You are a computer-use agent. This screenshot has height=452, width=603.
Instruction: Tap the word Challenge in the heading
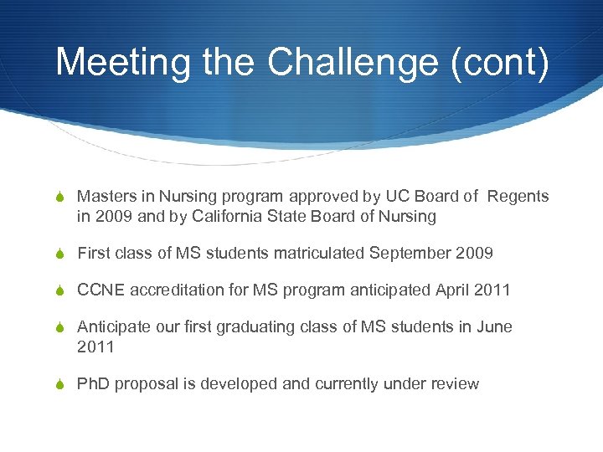[x=353, y=64]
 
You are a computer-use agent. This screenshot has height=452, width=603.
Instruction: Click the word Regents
[x=518, y=196]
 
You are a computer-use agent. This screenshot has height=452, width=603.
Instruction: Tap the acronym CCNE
[x=100, y=290]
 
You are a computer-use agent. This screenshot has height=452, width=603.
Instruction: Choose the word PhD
[x=94, y=383]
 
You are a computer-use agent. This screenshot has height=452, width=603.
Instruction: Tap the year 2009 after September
[x=475, y=253]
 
